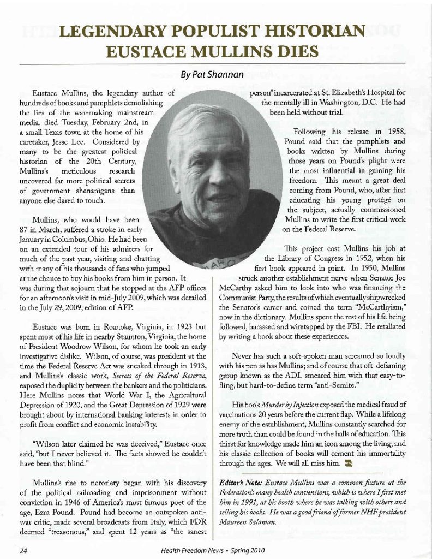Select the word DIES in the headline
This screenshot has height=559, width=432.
click(291, 53)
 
